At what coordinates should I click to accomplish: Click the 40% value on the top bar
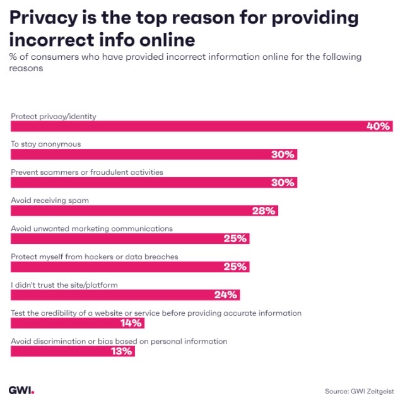click(x=379, y=126)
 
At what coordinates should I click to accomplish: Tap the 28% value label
click(x=264, y=211)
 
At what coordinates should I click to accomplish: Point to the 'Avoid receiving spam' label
click(x=50, y=200)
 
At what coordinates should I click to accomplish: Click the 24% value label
click(x=225, y=295)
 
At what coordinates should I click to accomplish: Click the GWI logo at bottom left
click(x=21, y=390)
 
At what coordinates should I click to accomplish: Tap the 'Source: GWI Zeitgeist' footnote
click(x=359, y=391)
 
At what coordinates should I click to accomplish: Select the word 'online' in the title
click(x=163, y=40)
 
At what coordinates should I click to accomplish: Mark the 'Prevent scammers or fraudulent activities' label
click(x=87, y=172)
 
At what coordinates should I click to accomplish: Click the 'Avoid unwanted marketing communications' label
click(x=91, y=228)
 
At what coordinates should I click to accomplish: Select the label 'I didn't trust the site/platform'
click(x=64, y=284)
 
